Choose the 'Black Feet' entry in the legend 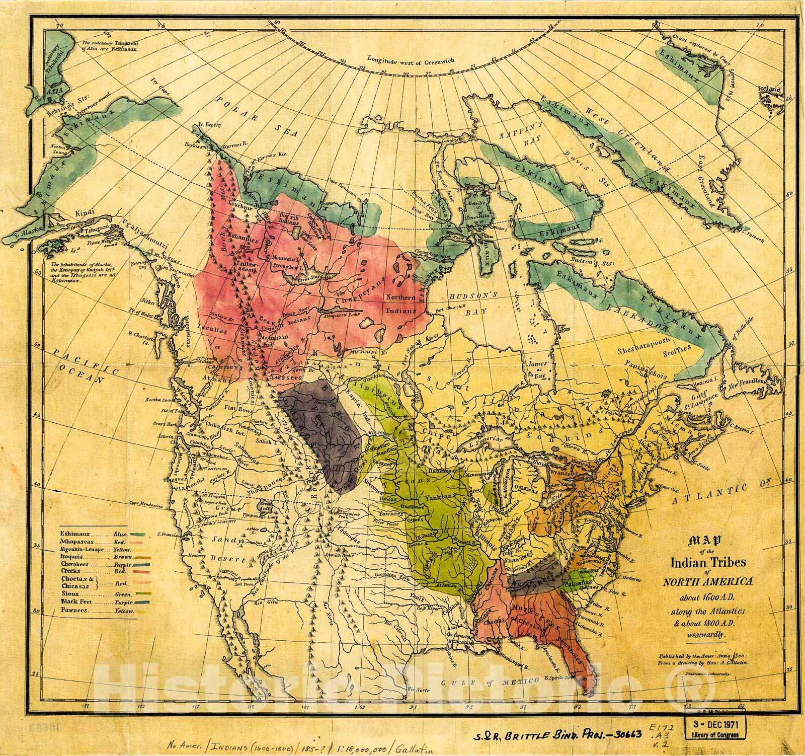77,602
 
